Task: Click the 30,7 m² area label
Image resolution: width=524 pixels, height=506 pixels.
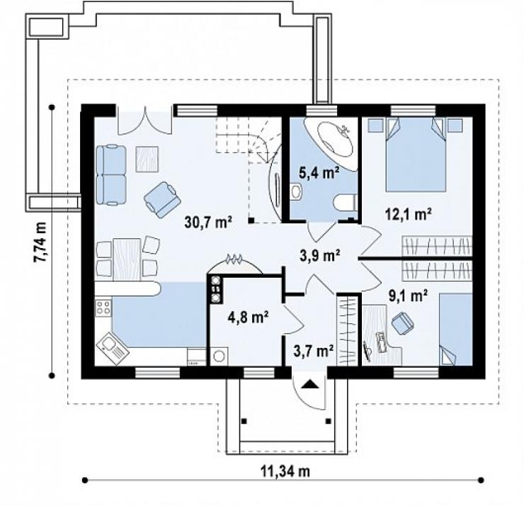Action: point(208,222)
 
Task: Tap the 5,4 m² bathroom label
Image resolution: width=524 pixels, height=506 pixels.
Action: point(319,173)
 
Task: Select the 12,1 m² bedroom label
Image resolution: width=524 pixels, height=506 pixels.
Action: point(408,214)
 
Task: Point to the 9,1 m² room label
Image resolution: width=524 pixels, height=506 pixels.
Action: point(408,296)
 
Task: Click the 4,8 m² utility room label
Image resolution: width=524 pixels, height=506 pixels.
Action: point(249,317)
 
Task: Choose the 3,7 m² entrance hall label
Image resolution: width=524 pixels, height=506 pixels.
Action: point(314,351)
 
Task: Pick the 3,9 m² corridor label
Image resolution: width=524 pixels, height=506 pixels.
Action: point(320,256)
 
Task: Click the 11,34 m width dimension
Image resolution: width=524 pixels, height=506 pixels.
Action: point(285,471)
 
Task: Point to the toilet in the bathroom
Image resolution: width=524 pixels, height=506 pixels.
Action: point(346,203)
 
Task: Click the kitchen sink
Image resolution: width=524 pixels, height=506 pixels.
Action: point(113,349)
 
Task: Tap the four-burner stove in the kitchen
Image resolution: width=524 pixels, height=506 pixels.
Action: point(103,308)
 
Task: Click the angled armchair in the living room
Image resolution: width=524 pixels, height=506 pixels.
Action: point(162,200)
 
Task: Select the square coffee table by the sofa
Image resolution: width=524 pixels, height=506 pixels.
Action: point(147,159)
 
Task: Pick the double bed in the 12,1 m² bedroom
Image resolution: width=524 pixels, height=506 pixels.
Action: point(416,154)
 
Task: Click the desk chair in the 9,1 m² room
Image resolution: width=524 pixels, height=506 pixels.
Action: point(402,322)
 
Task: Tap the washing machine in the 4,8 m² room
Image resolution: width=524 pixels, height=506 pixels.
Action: point(220,356)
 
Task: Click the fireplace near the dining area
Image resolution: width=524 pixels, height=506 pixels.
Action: point(234,264)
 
